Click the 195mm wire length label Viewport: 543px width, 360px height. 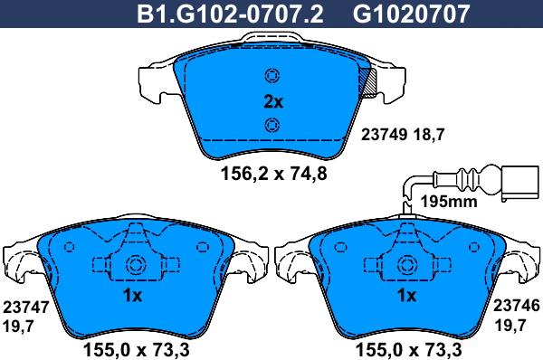[x=450, y=201]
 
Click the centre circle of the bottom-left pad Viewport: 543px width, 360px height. [x=136, y=266]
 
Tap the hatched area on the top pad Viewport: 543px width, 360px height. [x=368, y=81]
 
